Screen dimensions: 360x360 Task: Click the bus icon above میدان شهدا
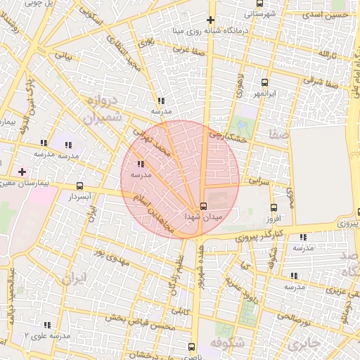click(203, 206)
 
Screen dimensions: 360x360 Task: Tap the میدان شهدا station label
click(202, 218)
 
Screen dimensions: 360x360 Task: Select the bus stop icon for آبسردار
click(80, 187)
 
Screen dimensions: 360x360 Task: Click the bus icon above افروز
click(274, 207)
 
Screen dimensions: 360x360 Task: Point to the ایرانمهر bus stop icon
click(264, 82)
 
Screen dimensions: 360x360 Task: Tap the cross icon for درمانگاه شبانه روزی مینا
click(210, 19)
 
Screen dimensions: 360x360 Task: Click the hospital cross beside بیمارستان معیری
click(22, 172)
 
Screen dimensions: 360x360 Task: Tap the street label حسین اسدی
click(330, 14)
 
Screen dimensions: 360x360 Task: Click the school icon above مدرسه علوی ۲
click(47, 325)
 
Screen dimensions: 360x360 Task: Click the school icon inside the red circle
click(142, 164)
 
